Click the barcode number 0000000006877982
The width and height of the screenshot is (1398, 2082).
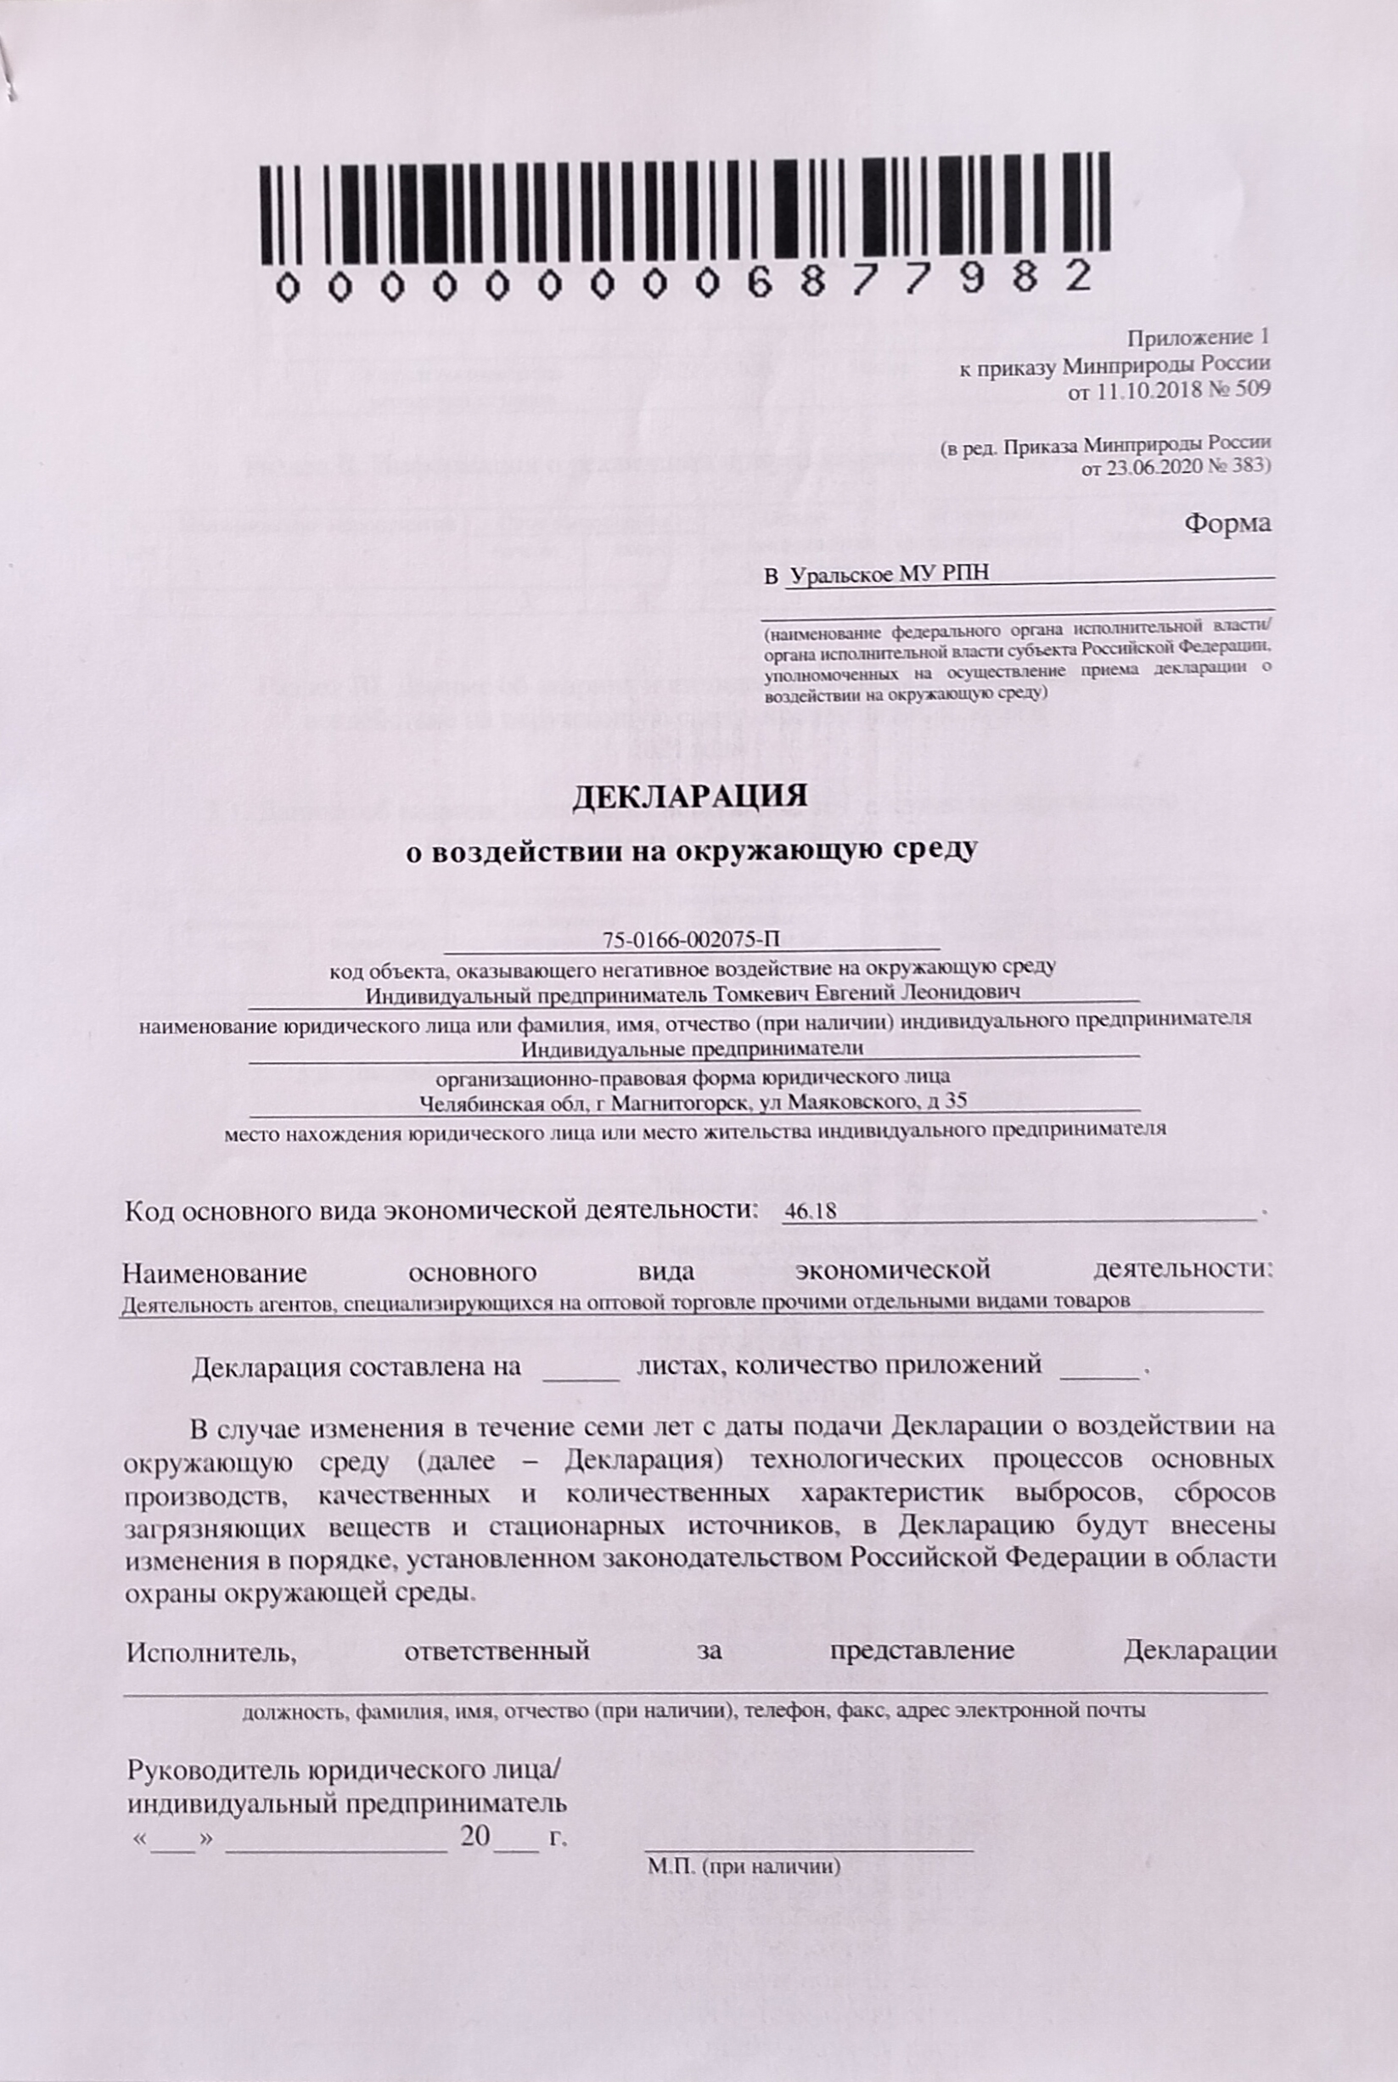(685, 283)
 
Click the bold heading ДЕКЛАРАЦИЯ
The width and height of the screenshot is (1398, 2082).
(688, 796)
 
